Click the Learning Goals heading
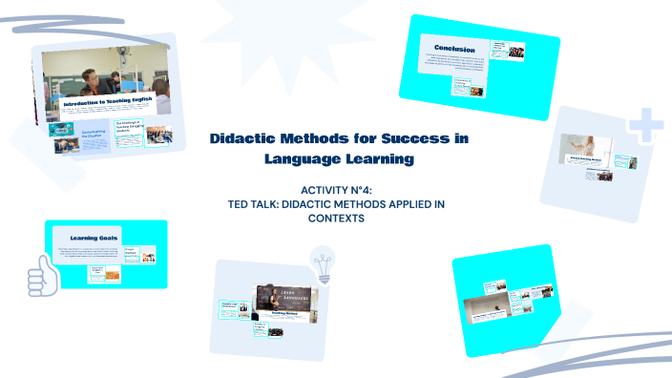[x=98, y=235]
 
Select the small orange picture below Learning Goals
[x=103, y=277]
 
